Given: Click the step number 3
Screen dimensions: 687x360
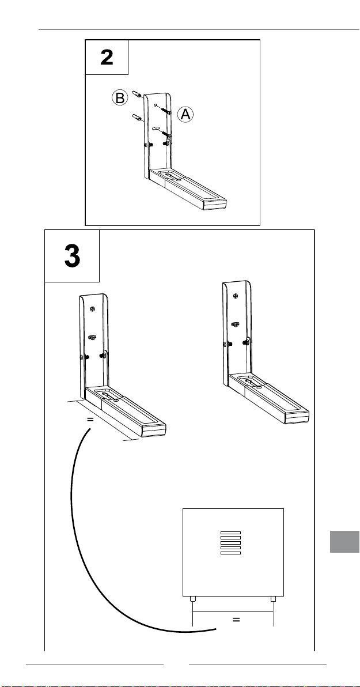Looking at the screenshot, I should pos(72,256).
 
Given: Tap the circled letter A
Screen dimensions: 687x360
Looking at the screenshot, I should pos(185,115).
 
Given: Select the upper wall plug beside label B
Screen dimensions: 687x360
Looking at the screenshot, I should pos(137,93).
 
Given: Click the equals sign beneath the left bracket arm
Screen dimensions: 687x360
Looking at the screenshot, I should pos(90,420).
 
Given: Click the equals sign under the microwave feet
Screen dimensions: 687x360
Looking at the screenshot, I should pos(235,620).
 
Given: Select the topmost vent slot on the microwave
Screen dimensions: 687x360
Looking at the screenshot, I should pos(230,532).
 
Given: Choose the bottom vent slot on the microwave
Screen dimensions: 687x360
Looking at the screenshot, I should pos(230,553).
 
